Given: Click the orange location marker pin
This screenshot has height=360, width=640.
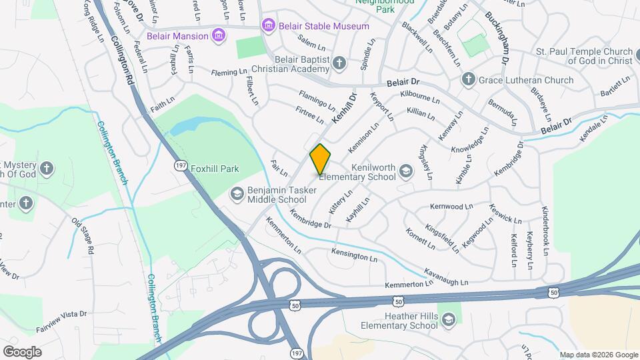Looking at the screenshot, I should [320, 159].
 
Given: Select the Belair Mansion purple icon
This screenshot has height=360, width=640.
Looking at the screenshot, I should [218, 35].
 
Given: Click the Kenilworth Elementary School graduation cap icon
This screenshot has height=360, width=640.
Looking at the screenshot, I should [405, 172].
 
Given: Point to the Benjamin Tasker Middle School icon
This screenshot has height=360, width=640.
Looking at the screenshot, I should [236, 194].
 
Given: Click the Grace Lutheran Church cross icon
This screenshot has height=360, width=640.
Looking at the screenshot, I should [468, 80].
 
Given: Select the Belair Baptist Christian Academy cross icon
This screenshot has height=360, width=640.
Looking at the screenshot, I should [339, 64].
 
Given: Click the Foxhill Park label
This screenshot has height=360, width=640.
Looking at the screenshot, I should [215, 169].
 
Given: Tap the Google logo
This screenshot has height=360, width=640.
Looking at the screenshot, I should [22, 351].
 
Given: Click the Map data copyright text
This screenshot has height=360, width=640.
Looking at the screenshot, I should [598, 355].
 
